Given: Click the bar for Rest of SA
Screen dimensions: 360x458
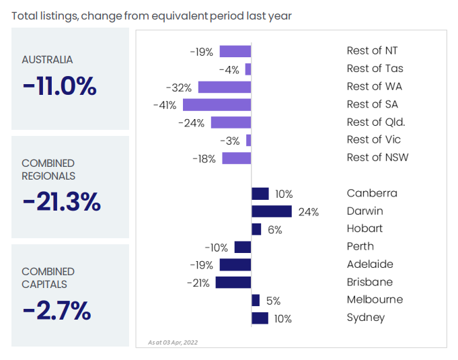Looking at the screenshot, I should coord(217,104).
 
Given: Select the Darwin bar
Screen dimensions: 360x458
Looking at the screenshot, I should coord(272,211).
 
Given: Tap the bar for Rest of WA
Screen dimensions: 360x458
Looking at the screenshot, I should coord(224,87).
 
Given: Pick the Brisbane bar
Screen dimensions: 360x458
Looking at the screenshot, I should coord(233,283).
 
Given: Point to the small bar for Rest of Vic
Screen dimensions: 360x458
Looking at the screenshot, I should coord(248,140).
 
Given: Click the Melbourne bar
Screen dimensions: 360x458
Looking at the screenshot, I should coord(256,300).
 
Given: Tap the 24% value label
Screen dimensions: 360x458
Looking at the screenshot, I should coord(308,212).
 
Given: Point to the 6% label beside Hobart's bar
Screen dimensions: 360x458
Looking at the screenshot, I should coord(274,229).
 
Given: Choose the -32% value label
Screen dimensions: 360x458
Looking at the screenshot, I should coord(180,87).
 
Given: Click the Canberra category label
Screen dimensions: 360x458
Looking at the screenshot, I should coord(372,193).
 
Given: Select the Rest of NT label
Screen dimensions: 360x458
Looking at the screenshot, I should coord(372,50).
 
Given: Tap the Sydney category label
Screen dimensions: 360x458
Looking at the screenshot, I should coord(365,318).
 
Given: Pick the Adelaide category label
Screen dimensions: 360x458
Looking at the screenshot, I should coord(370,264).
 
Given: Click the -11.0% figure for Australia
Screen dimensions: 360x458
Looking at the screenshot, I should coord(59,86).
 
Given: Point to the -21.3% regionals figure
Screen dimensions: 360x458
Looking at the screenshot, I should coord(61,201).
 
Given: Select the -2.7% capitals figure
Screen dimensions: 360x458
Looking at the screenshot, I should coord(56,310).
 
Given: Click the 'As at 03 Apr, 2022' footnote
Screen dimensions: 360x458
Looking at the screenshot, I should coord(173,343).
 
